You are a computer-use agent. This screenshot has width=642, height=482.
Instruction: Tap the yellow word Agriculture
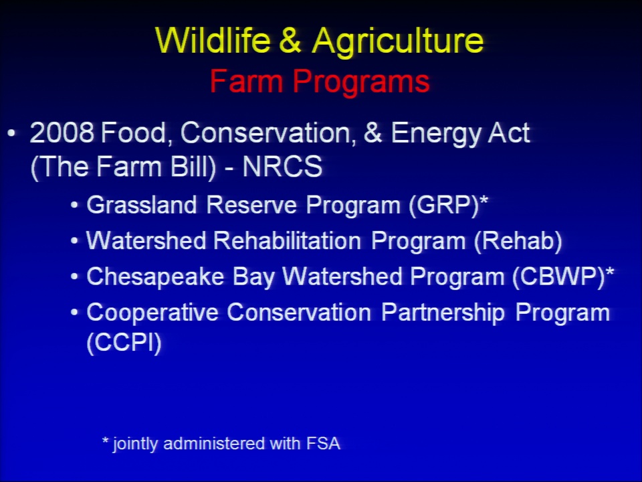tap(397, 42)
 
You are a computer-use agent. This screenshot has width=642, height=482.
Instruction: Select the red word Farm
tap(246, 81)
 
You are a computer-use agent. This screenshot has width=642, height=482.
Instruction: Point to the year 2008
tap(62, 133)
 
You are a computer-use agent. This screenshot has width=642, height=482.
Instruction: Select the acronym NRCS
tap(282, 167)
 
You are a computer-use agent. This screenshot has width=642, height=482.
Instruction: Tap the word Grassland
tap(142, 205)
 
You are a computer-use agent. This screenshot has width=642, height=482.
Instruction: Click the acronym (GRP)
tap(444, 205)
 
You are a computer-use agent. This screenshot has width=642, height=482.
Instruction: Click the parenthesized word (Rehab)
tap(518, 241)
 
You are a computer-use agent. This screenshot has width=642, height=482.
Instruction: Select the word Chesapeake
tap(155, 277)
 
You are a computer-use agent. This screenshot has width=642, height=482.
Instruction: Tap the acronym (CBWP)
tap(558, 277)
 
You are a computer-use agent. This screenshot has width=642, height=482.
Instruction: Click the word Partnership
tap(443, 313)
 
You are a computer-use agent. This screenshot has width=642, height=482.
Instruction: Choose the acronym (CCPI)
tap(124, 343)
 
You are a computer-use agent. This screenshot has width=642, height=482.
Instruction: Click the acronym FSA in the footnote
tap(324, 443)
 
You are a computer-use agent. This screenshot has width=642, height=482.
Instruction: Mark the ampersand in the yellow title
tap(291, 40)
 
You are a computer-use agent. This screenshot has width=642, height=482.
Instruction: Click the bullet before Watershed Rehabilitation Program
tap(74, 241)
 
